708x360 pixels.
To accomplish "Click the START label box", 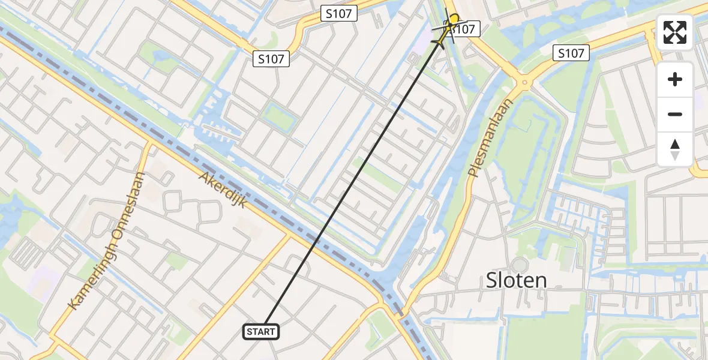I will pyautogui.click(x=261, y=331).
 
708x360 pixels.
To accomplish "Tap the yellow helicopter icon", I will pyautogui.click(x=444, y=33).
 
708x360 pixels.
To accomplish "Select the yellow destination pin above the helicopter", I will pyautogui.click(x=454, y=20).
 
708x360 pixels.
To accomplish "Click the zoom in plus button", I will pyautogui.click(x=675, y=79).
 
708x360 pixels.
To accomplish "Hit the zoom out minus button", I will pyautogui.click(x=675, y=114).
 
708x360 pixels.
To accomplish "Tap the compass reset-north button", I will pyautogui.click(x=675, y=149).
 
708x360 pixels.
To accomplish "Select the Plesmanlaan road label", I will pyautogui.click(x=491, y=139).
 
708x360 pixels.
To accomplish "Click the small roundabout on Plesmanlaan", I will pyautogui.click(x=524, y=82).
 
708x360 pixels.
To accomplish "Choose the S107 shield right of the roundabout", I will pyautogui.click(x=571, y=53).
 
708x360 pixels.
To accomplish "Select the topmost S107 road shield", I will pyautogui.click(x=340, y=13).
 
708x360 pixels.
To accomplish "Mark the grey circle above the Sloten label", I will pyautogui.click(x=519, y=264).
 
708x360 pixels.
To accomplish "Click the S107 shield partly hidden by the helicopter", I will pyautogui.click(x=465, y=28).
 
